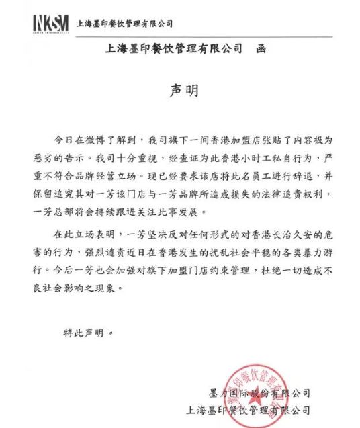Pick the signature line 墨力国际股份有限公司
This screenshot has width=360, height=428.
(261, 392)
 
